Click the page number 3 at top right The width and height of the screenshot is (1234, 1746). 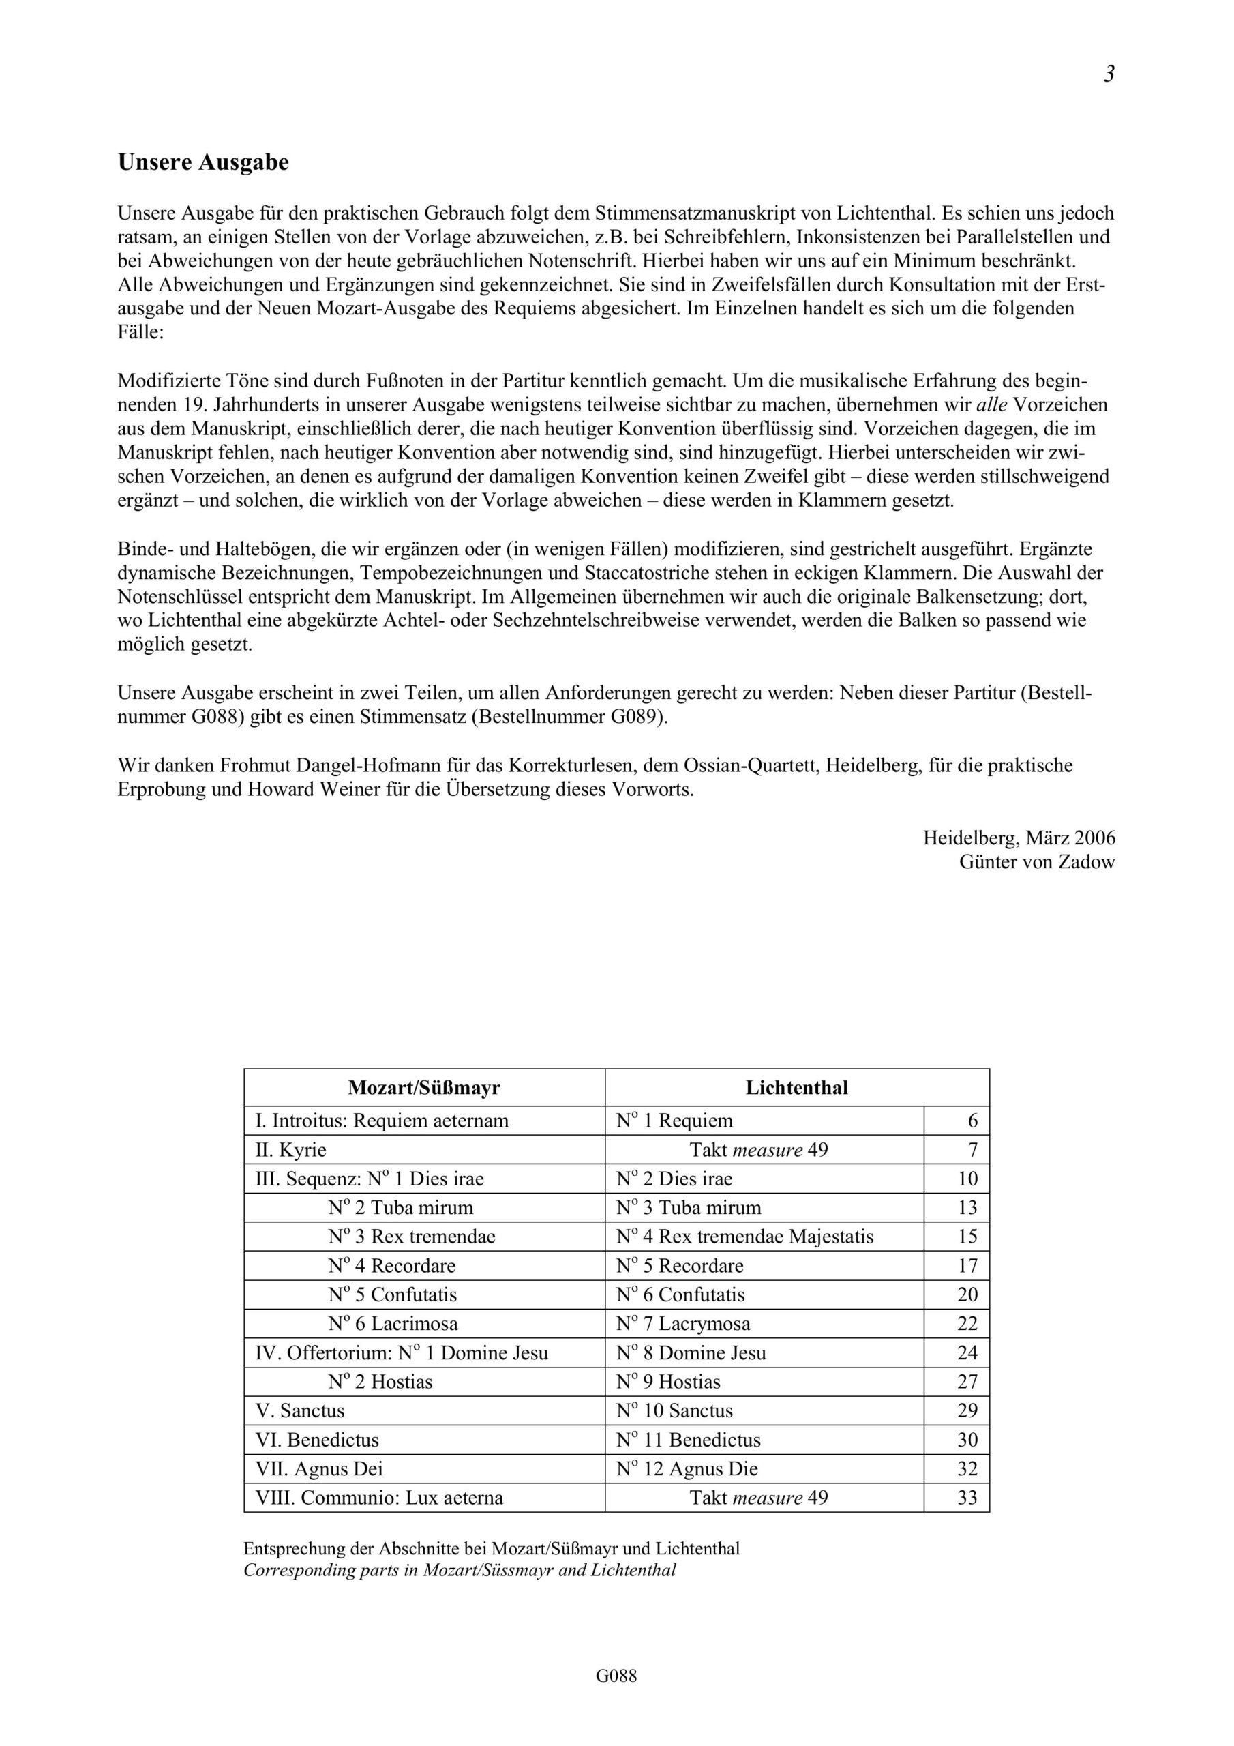1109,74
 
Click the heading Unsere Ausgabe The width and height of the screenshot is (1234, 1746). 203,163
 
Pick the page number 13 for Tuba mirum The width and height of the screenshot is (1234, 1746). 967,1208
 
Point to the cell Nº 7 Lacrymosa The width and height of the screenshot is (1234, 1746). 682,1324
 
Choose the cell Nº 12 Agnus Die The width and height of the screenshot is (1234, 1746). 687,1468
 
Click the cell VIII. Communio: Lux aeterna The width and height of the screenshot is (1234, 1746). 378,1497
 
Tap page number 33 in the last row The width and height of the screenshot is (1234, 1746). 967,1497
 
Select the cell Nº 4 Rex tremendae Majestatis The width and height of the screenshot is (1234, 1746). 744,1237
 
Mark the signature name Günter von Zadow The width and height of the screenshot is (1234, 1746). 1036,862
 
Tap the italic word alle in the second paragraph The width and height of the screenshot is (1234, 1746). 991,404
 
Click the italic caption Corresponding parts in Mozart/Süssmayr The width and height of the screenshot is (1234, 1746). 460,1570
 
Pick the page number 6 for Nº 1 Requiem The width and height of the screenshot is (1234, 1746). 972,1121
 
